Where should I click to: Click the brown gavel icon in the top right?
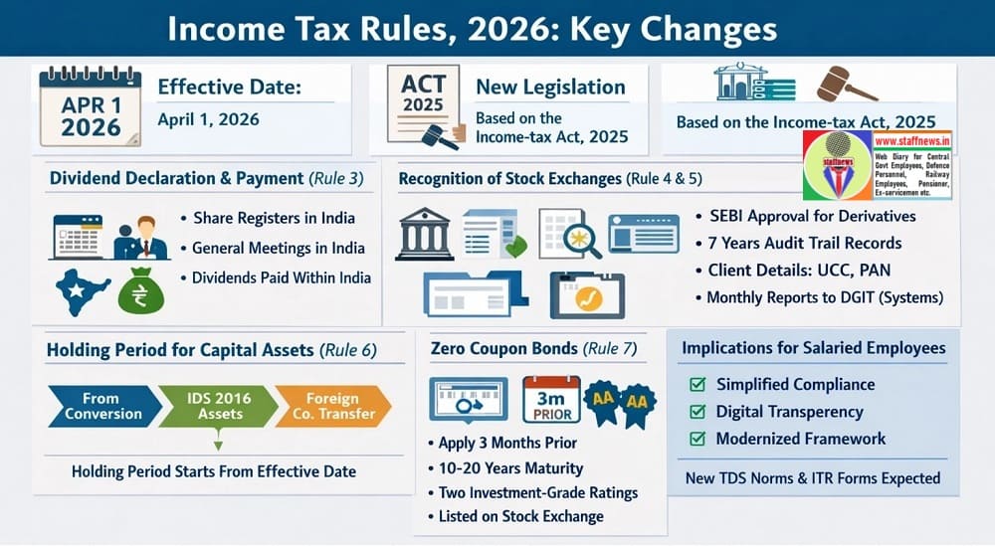coord(846,86)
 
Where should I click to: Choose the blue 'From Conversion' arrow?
coord(101,406)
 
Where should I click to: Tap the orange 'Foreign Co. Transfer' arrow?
coord(330,406)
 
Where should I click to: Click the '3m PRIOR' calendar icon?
coord(550,401)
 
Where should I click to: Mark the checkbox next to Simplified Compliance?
coord(697,384)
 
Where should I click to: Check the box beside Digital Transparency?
coord(697,412)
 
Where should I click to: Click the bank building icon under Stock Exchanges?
coord(425,235)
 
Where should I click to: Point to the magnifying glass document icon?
coord(569,234)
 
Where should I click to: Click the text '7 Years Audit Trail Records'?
coord(806,243)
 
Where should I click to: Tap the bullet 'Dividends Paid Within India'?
coord(282,277)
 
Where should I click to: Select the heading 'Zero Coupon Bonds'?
coord(506,349)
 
